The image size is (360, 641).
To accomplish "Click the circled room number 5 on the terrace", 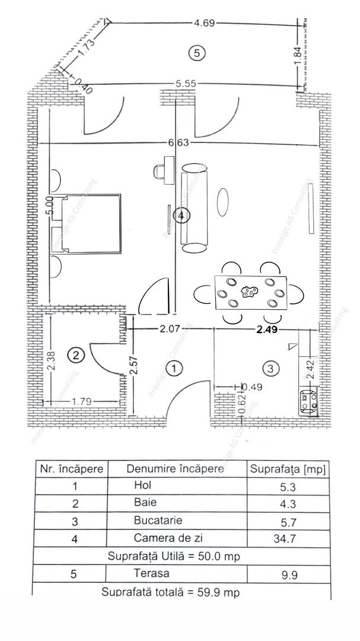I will (196, 53).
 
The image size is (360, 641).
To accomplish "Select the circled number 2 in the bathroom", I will (75, 356).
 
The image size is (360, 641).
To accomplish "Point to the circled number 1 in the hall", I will (173, 369).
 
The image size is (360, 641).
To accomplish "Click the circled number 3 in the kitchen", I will (270, 369).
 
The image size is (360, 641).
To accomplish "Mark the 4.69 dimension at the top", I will (204, 23).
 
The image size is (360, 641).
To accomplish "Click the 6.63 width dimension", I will (178, 142).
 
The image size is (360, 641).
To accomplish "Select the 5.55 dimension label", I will (186, 84).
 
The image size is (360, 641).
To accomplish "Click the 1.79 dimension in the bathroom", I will (82, 402).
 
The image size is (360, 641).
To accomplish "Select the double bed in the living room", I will (89, 223).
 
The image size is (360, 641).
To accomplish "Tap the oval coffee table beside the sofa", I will (223, 202).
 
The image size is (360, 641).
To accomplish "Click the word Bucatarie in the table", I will (158, 521).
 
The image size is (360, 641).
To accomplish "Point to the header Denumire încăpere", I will (175, 469).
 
